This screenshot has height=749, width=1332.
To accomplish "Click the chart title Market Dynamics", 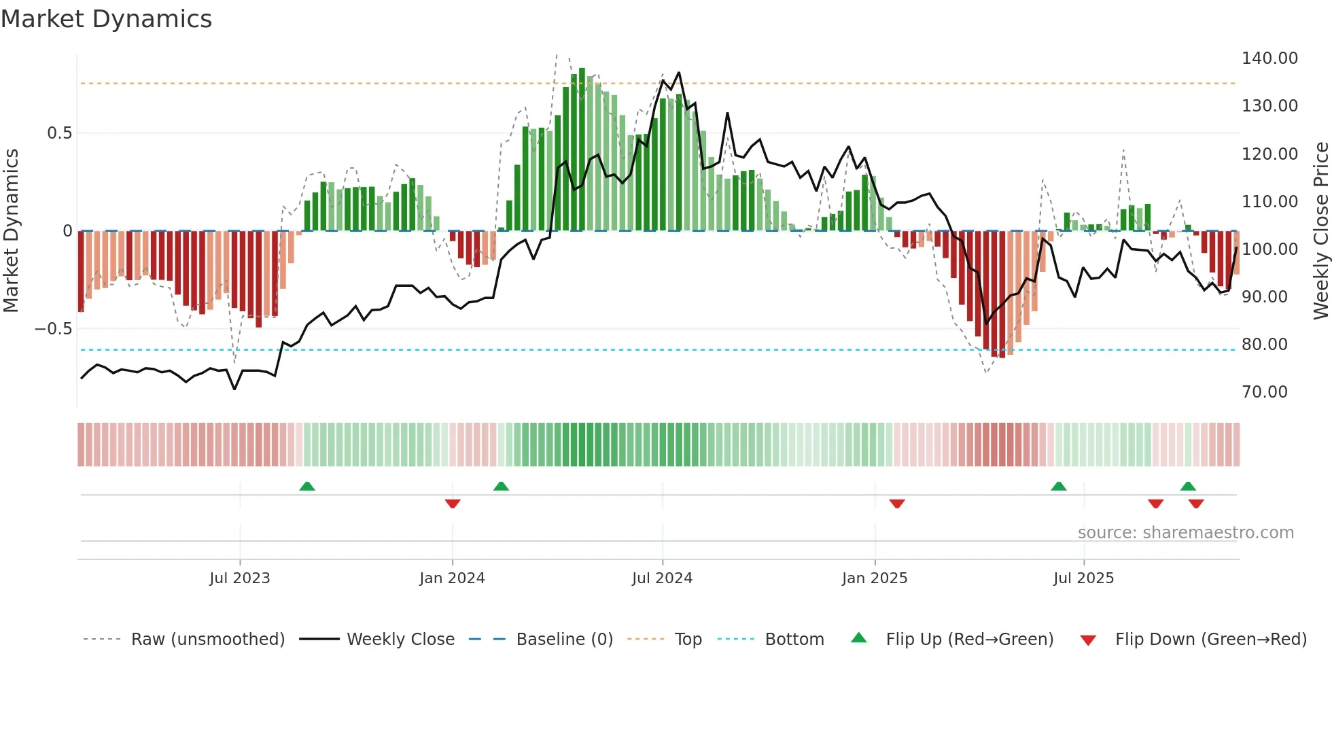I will tap(106, 19).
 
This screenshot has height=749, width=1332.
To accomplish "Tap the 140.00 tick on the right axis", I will tap(1269, 58).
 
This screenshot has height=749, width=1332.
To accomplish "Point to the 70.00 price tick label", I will tap(1264, 392).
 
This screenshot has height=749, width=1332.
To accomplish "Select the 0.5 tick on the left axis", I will tap(59, 133).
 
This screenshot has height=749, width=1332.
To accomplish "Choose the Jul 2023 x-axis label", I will tap(239, 578).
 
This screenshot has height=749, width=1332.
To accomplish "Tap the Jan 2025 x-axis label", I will tap(874, 578).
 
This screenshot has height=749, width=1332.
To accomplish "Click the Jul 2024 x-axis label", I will tap(662, 578).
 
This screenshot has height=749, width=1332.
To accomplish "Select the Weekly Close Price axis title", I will tap(1320, 231).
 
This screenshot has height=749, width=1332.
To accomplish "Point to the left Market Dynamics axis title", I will tap(11, 231).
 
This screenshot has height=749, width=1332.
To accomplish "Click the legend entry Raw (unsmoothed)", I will tap(207, 640).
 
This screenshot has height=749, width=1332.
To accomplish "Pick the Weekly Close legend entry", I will tap(400, 640).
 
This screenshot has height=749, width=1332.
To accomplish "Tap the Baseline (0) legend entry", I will tap(564, 640).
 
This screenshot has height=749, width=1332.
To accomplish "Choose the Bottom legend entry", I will tap(794, 640).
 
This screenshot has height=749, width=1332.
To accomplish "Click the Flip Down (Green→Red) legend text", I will tap(1210, 640).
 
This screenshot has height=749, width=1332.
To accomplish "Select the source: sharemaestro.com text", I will tap(1185, 533).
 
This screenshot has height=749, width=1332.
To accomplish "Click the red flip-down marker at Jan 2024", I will tap(453, 504).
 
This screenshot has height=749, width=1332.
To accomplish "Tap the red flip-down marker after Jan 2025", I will tap(897, 504).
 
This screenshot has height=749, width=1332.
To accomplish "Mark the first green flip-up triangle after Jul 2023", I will tap(307, 486).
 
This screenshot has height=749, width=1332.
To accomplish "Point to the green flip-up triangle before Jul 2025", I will tap(1058, 486).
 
